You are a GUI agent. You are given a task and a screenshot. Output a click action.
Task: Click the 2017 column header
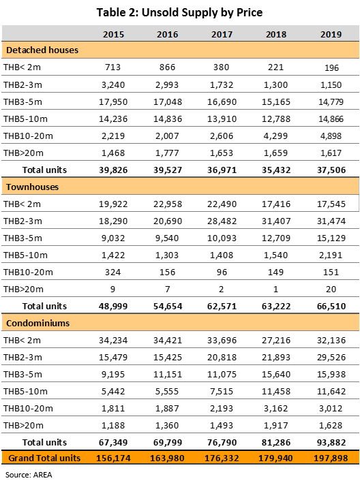pyautogui.click(x=222, y=34)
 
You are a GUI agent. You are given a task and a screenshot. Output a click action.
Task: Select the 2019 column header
pyautogui.click(x=331, y=34)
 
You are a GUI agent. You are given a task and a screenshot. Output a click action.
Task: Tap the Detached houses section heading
pyautogui.click(x=42, y=50)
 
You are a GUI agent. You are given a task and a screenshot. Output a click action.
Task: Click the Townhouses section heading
pyautogui.click(x=32, y=187)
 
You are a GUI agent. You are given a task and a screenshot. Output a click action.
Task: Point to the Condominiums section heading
pyautogui.click(x=37, y=324)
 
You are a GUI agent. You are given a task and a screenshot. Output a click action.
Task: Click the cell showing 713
pyautogui.click(x=112, y=67)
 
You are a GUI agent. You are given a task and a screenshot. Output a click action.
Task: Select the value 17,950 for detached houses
pyautogui.click(x=113, y=101)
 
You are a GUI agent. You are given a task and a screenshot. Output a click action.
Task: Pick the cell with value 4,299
pyautogui.click(x=275, y=136)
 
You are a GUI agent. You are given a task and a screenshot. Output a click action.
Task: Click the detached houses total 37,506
pyautogui.click(x=331, y=170)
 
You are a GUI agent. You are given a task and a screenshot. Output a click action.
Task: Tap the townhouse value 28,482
pyautogui.click(x=222, y=221)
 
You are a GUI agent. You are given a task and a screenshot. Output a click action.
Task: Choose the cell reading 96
pyautogui.click(x=222, y=272)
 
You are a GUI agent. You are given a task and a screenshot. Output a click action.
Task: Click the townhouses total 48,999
pyautogui.click(x=113, y=307)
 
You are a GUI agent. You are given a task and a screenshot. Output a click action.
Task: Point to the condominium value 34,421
pyautogui.click(x=168, y=340)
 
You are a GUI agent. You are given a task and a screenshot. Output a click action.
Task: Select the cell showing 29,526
pyautogui.click(x=331, y=357)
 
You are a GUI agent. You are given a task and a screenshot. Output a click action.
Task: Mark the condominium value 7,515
pyautogui.click(x=222, y=391)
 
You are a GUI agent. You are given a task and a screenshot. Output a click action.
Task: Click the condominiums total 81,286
pyautogui.click(x=276, y=442)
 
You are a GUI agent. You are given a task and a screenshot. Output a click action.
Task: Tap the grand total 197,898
pyautogui.click(x=331, y=458)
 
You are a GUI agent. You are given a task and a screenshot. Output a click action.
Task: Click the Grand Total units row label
pyautogui.click(x=44, y=458)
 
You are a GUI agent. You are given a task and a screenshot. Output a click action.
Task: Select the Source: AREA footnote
pyautogui.click(x=29, y=475)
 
